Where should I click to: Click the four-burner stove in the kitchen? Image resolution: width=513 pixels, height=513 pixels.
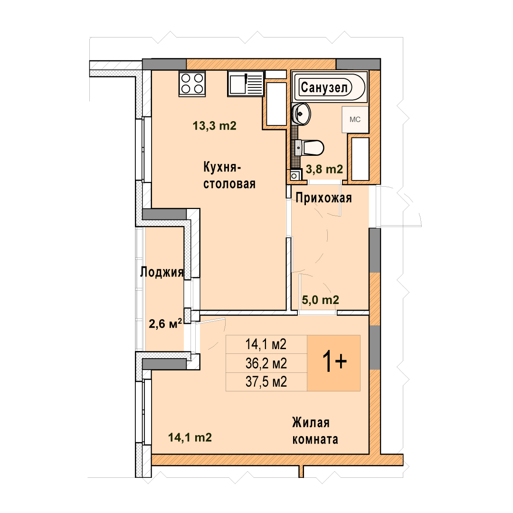(x=192, y=84)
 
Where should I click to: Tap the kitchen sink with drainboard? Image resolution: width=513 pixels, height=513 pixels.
(x=246, y=84)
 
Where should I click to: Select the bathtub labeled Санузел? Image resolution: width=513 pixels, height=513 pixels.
(x=330, y=87)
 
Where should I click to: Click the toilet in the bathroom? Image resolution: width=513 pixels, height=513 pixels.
(x=309, y=148)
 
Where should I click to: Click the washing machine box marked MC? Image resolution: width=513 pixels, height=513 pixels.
(x=355, y=119)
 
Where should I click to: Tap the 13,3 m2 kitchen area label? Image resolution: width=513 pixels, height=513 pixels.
(x=214, y=125)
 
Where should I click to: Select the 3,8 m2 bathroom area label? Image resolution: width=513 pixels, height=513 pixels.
(x=324, y=169)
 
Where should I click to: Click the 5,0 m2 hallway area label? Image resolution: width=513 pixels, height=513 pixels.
(x=320, y=300)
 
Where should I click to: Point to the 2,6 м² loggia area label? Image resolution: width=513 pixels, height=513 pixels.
(x=165, y=323)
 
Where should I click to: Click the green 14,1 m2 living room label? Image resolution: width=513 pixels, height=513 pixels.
(x=190, y=437)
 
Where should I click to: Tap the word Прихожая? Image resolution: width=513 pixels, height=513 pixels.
(x=323, y=198)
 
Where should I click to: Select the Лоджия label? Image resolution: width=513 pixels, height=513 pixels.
(x=161, y=272)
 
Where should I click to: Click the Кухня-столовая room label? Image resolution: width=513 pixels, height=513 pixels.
(x=229, y=175)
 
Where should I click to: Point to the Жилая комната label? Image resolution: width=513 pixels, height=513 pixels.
(x=315, y=431)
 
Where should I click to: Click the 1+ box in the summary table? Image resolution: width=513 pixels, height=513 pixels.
(x=334, y=363)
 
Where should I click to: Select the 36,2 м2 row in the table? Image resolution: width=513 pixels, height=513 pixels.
(x=266, y=363)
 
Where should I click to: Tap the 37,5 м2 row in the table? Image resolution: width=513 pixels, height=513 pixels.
(x=266, y=382)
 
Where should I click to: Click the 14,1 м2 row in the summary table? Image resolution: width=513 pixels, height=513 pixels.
(x=266, y=344)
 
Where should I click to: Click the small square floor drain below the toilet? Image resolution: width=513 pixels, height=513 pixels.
(x=294, y=176)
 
